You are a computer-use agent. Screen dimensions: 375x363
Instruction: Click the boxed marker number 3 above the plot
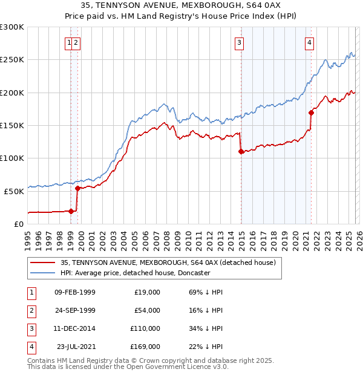[240, 42]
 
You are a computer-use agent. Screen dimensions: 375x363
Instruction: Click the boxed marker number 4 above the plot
[309, 42]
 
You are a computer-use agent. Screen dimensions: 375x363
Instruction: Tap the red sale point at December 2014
[241, 151]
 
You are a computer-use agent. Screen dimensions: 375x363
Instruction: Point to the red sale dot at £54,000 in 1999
[78, 188]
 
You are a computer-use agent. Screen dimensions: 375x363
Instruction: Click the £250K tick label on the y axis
[12, 60]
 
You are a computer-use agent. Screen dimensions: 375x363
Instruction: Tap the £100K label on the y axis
[12, 158]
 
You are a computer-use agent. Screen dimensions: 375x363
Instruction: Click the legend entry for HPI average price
[135, 273]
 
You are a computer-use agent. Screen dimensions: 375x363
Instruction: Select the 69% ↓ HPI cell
[206, 292]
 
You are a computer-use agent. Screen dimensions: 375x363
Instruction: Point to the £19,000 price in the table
[146, 292]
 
